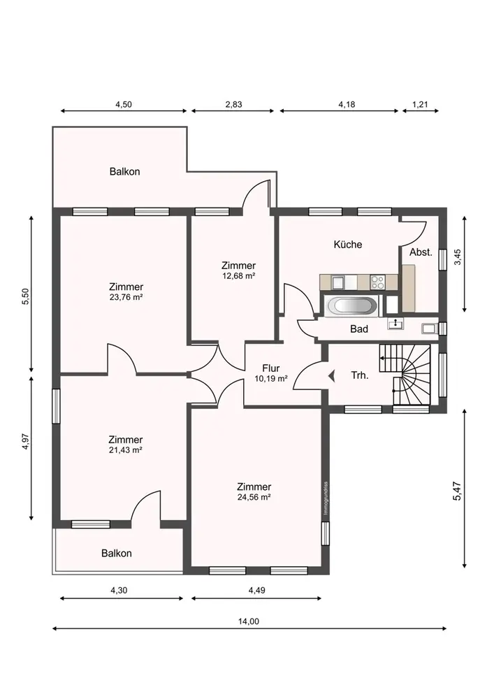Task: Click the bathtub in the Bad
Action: [352, 306]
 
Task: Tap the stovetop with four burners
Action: [378, 282]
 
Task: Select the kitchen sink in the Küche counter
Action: [337, 282]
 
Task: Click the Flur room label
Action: [271, 368]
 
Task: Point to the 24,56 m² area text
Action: [254, 497]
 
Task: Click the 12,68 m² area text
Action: [238, 275]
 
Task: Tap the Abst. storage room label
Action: [421, 252]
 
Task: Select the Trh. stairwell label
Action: [360, 375]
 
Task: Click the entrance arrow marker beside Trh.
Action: [332, 376]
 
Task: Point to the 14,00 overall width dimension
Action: [249, 621]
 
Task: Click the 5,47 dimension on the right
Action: [457, 491]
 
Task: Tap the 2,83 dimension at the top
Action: [233, 104]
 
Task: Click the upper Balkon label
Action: [125, 172]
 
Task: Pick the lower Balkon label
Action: [117, 553]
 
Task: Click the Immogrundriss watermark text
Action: [326, 499]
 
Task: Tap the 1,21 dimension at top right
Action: [420, 104]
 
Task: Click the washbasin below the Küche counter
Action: [395, 324]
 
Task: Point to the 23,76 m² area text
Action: [126, 297]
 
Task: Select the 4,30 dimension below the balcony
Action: [119, 590]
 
